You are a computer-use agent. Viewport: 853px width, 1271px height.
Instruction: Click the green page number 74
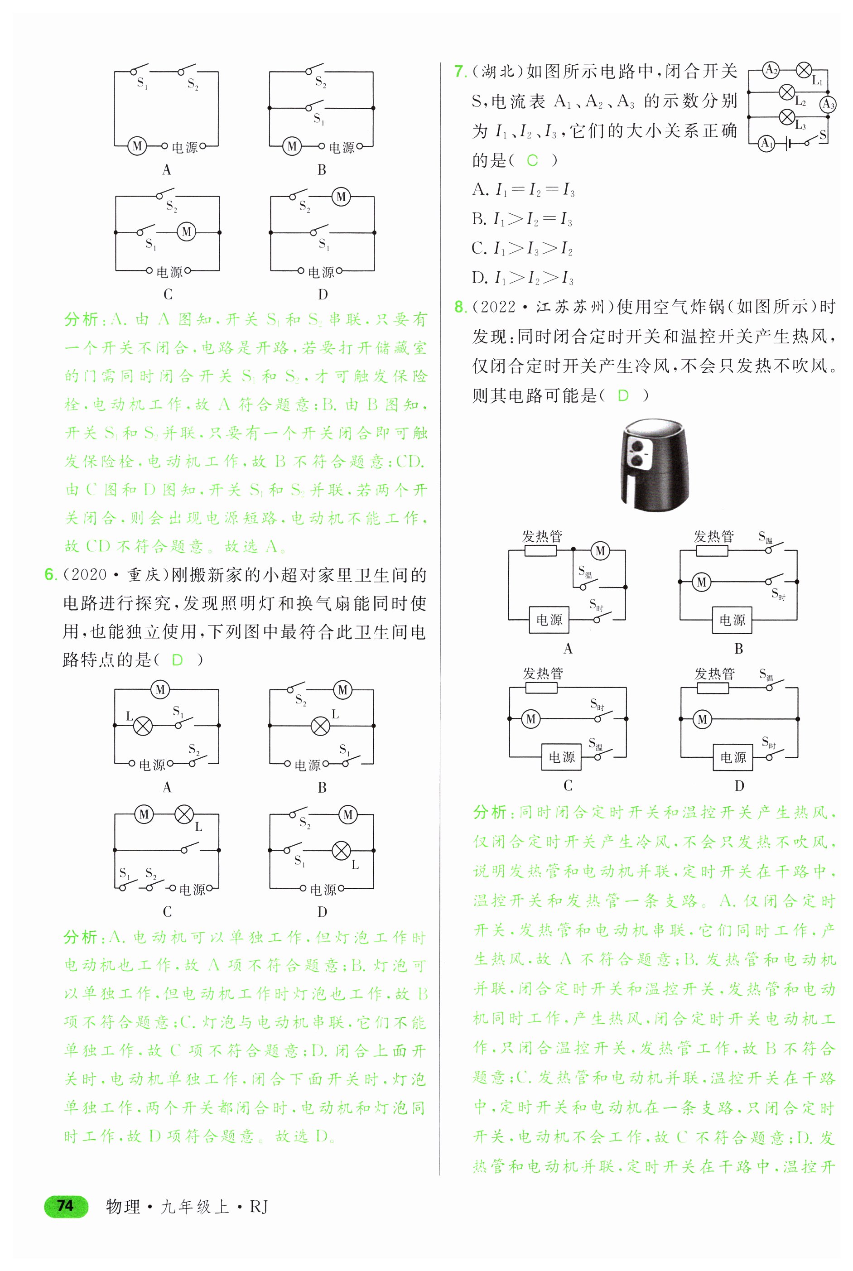click(x=65, y=1206)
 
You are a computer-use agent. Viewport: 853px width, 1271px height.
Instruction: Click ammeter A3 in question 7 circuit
click(x=828, y=104)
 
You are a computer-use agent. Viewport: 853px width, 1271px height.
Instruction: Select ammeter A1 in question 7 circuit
click(x=766, y=143)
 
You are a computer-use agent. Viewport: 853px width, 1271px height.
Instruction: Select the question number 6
click(x=50, y=574)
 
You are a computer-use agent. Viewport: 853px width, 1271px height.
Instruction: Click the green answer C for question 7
click(x=532, y=160)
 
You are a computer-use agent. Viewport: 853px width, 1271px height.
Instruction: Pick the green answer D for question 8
click(x=623, y=395)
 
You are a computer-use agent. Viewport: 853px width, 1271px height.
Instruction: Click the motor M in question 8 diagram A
click(x=600, y=551)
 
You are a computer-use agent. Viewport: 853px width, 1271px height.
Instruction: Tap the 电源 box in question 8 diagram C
click(x=561, y=757)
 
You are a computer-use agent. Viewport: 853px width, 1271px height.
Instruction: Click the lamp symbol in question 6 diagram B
click(x=320, y=726)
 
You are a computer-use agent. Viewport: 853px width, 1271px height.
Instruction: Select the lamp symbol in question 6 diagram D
click(x=341, y=850)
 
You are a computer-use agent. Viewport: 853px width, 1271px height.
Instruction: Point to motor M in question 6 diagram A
click(x=160, y=689)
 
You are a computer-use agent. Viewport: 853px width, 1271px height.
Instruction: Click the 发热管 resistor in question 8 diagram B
click(x=712, y=551)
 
